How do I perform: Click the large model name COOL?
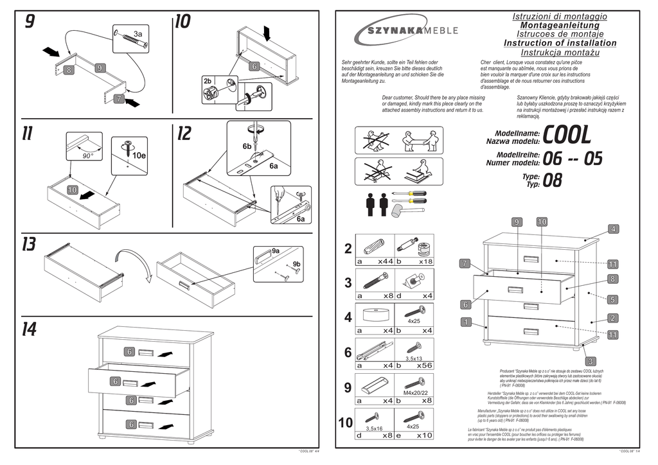[567, 134]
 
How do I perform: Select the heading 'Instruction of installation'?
[560, 43]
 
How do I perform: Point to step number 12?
[184, 134]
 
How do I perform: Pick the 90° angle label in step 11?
[87, 156]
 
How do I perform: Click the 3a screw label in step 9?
[138, 33]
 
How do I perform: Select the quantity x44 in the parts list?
[385, 261]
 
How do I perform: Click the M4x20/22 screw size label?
[416, 392]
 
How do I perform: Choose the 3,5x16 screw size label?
[374, 428]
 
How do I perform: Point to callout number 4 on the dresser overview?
[613, 229]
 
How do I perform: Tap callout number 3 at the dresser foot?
[591, 361]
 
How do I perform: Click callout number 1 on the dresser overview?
[465, 321]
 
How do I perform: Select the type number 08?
[553, 180]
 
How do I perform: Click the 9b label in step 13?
[296, 264]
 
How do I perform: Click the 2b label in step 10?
[208, 81]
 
